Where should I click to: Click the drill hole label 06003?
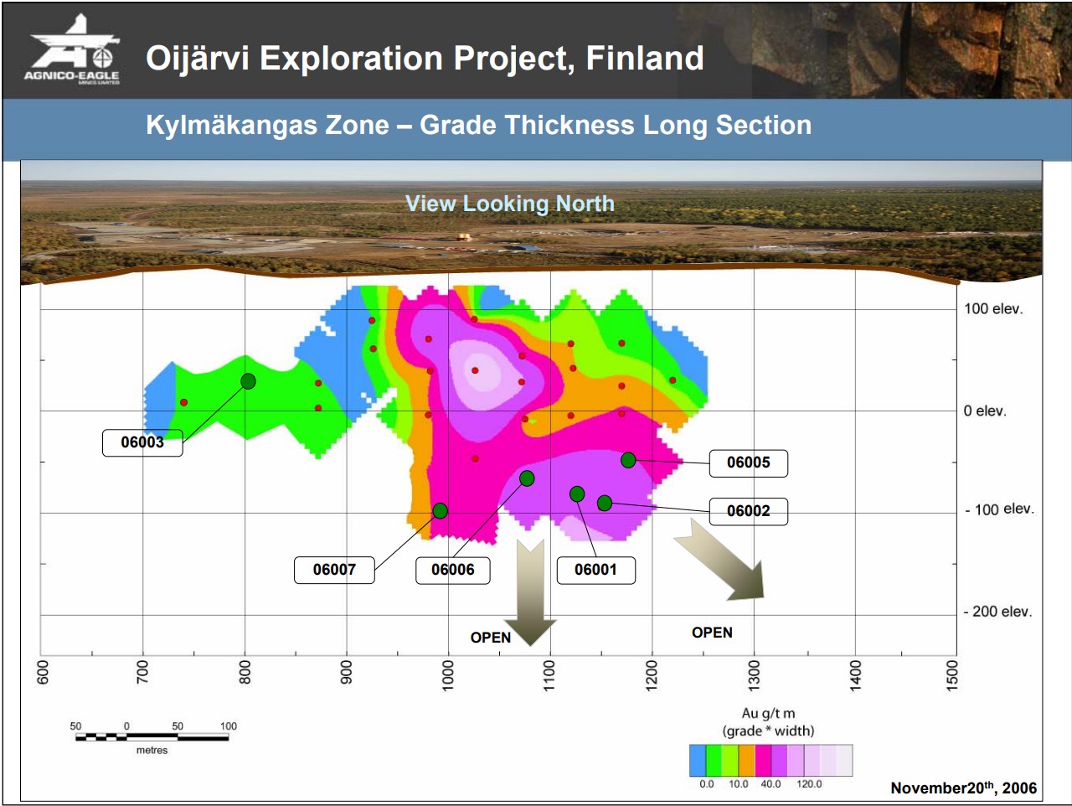tap(142, 442)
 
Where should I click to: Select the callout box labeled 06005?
tap(748, 462)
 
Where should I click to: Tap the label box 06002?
tap(748, 511)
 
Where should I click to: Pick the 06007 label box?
tap(334, 570)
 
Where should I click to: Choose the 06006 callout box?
tap(453, 570)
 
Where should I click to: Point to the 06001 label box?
tap(595, 570)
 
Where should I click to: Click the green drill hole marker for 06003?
tap(248, 381)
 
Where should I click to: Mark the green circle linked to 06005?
tap(628, 460)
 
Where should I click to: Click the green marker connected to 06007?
tap(440, 510)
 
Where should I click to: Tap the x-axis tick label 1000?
tap(448, 675)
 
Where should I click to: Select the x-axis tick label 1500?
tap(952, 675)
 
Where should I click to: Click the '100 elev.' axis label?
tap(993, 308)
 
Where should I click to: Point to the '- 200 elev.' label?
tap(997, 612)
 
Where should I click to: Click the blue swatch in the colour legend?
tap(698, 761)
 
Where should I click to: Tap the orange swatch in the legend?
tap(747, 761)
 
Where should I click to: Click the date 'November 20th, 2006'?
tap(964, 788)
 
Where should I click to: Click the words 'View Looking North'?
tap(510, 204)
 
